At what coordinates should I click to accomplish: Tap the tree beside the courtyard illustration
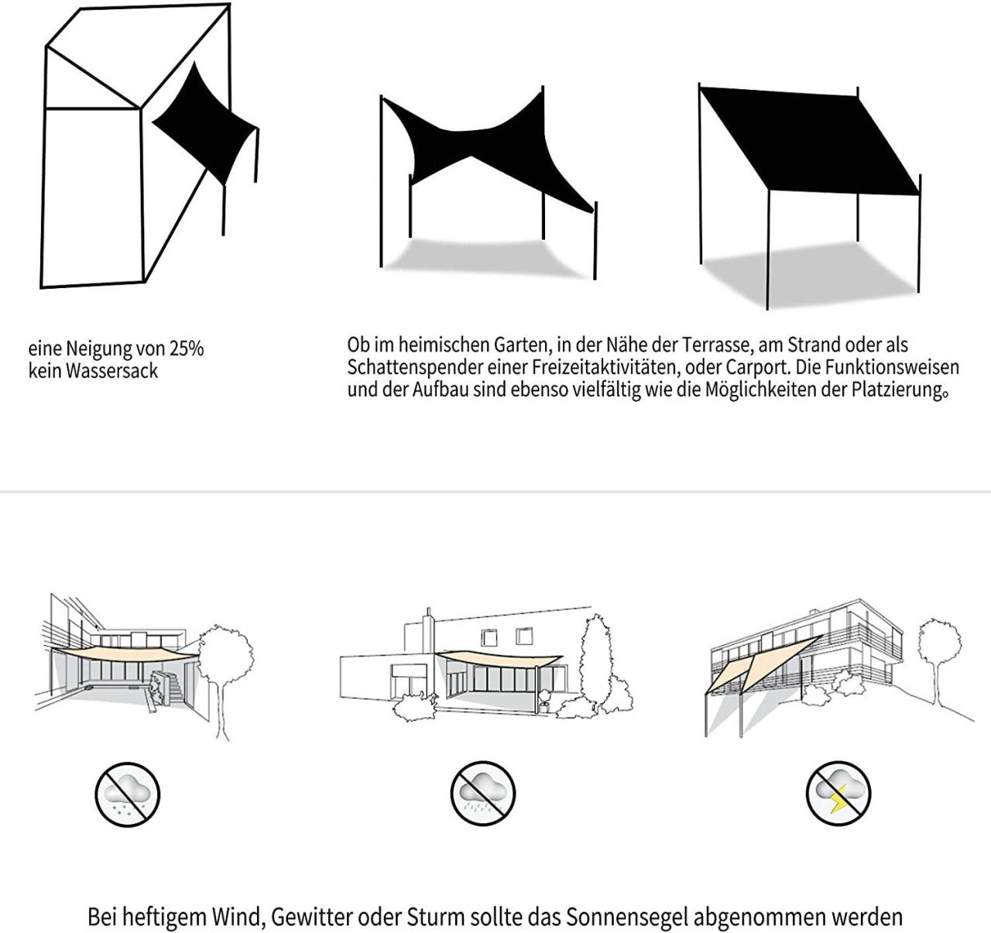(225, 666)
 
